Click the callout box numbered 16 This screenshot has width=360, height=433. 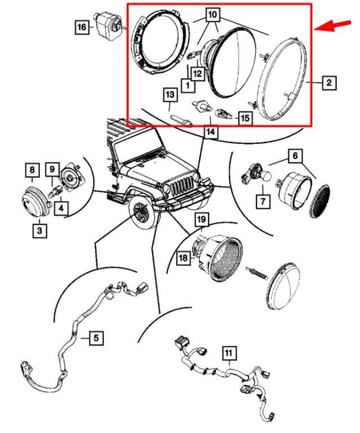pos(82,27)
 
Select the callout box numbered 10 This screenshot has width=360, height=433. pos(212,14)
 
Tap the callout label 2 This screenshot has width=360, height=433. pos(328,83)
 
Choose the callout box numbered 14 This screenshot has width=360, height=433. pos(211,134)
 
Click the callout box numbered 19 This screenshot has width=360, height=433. pos(201,220)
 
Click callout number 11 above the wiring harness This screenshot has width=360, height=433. pos(228,352)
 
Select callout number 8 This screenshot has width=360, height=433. pos(32,169)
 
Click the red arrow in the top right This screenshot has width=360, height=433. pos(336,25)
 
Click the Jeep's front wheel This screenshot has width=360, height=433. pos(141,213)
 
